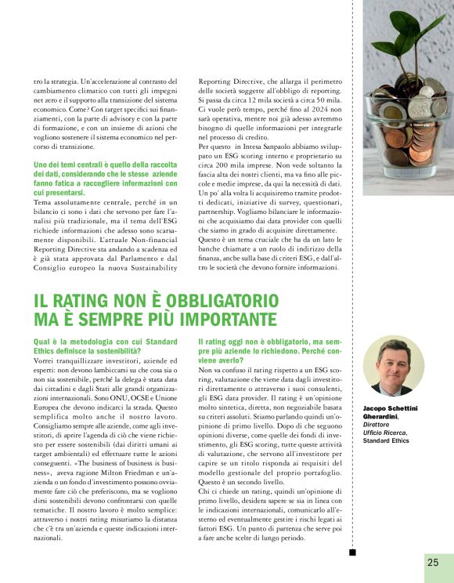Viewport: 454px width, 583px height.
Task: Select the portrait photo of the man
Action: click(393, 366)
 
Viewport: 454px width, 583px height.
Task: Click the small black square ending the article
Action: click(352, 553)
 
